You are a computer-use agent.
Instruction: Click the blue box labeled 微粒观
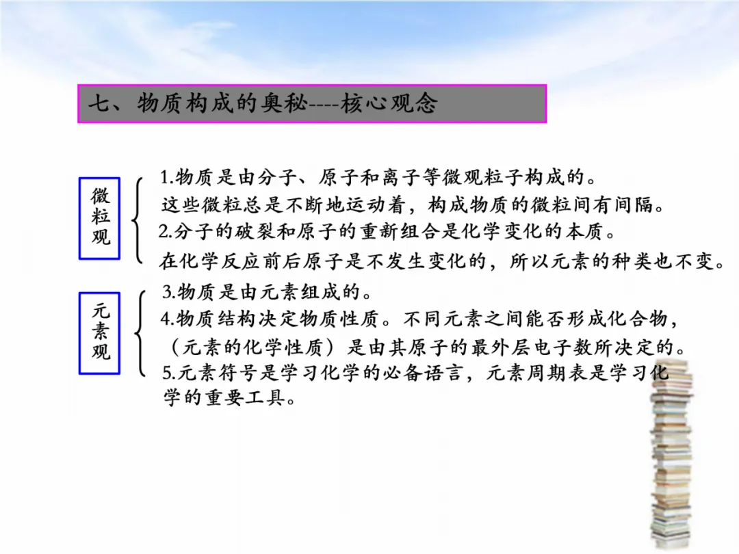100,218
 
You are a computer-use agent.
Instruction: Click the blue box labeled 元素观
100,333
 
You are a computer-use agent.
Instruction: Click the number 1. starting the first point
167,178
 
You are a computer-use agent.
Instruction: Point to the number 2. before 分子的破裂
166,232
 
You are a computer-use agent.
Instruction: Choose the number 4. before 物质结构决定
168,319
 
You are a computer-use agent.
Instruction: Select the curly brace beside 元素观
140,333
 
